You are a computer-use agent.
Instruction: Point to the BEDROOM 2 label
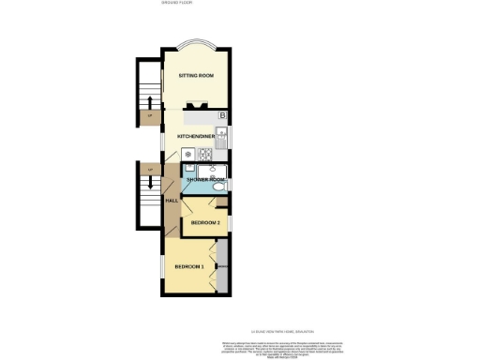coord(205,223)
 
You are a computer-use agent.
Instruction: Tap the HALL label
coord(172,201)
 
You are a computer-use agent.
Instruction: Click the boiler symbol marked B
coord(221,115)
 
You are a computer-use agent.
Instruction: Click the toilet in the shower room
coord(218,186)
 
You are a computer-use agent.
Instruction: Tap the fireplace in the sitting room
coord(196,106)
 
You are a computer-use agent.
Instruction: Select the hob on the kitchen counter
coord(187,154)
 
